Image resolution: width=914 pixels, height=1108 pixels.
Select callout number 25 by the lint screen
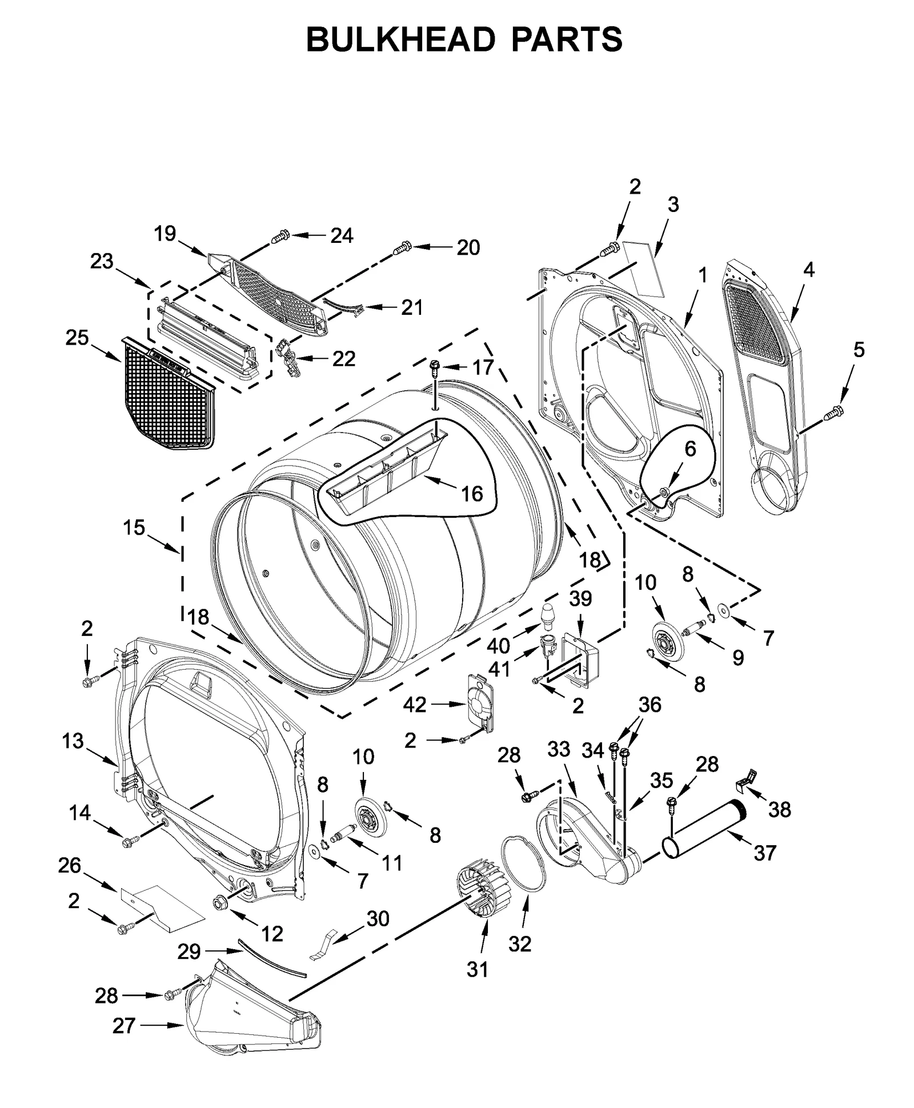[x=77, y=338]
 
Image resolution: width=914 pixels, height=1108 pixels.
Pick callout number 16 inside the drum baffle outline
[x=471, y=493]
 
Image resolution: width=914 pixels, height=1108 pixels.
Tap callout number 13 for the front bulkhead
[x=73, y=741]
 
